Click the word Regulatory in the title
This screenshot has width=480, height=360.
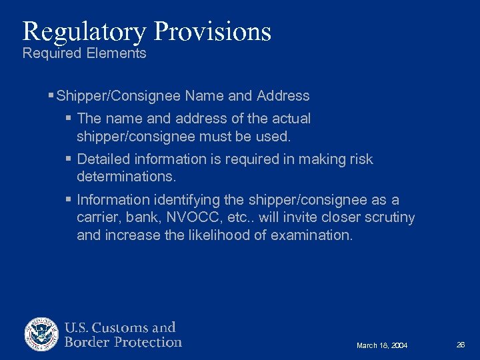tap(85, 31)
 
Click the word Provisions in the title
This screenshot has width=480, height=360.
tap(213, 31)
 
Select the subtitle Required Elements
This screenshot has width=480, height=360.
tap(84, 53)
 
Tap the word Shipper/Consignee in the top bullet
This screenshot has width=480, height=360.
tap(118, 96)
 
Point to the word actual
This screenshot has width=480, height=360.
tap(291, 119)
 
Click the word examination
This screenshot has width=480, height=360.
tap(311, 235)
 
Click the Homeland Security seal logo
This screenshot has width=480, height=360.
tap(42, 334)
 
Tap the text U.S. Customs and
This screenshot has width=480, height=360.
tap(120, 327)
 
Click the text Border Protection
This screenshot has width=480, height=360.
tap(123, 343)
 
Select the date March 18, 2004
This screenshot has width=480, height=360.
tap(382, 345)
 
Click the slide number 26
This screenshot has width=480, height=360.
tap(460, 345)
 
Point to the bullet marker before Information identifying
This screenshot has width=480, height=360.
tap(69, 200)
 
